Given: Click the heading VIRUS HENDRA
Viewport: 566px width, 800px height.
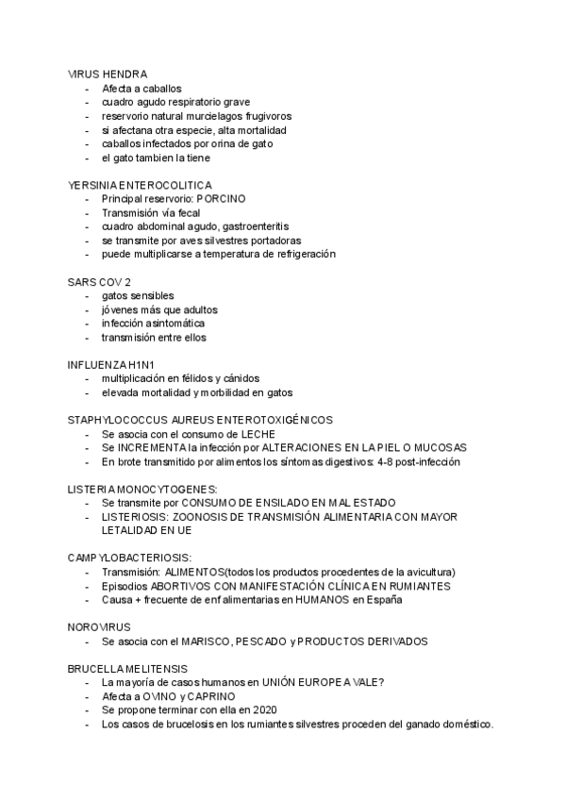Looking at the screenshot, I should point(107,74).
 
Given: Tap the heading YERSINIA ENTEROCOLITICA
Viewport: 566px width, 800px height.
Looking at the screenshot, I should point(140,185).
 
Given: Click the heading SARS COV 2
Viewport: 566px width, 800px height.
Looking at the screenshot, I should point(99,282).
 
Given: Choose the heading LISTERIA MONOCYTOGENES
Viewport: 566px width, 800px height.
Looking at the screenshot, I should point(142,489).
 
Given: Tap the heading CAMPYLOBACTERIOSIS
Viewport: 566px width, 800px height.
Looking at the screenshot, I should point(129,558).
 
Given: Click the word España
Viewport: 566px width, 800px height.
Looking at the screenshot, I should point(383,599).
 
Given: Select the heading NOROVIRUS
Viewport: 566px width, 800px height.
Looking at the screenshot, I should point(99,627).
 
